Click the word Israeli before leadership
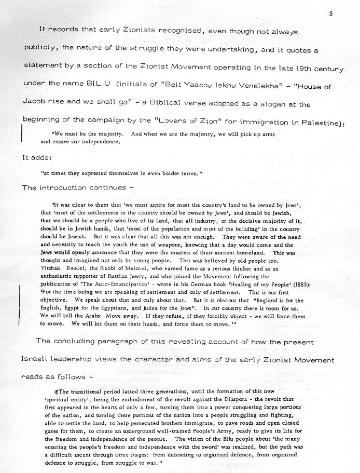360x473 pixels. click(38, 360)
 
